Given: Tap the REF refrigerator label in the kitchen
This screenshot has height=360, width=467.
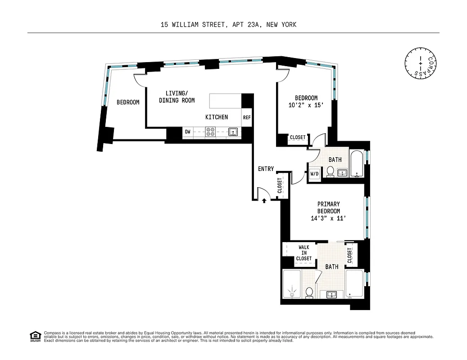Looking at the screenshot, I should [247, 117].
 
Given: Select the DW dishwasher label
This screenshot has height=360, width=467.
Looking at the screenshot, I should [188, 132].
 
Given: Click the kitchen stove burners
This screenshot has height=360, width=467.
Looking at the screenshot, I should [210, 132].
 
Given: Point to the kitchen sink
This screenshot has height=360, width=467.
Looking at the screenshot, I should [233, 132].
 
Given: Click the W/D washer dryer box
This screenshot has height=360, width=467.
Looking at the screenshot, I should [314, 173].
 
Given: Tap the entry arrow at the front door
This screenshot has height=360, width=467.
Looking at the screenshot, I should [264, 201].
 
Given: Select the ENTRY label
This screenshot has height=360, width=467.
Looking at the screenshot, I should [266, 169].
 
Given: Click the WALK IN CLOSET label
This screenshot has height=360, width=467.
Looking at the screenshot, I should [304, 253].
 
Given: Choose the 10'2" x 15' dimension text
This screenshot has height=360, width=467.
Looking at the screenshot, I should [306, 106].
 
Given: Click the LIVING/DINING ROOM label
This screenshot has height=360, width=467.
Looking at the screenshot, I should [177, 97].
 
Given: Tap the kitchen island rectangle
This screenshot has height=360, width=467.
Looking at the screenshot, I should [226, 100].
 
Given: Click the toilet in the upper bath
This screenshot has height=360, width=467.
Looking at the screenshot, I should [330, 171].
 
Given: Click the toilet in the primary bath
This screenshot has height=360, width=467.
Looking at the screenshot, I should [309, 292].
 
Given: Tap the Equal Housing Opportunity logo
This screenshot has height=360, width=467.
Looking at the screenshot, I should [35, 336].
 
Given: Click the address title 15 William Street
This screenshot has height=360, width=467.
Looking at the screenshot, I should [228, 25].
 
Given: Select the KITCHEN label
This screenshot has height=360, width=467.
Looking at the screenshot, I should [217, 117].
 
